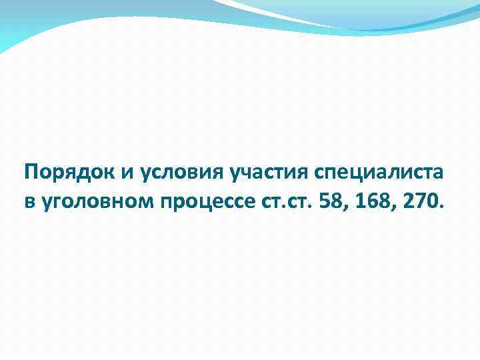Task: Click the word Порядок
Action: pyautogui.click(x=69, y=173)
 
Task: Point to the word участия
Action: pyautogui.click(x=267, y=173)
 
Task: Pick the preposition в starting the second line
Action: pyautogui.click(x=30, y=201)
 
